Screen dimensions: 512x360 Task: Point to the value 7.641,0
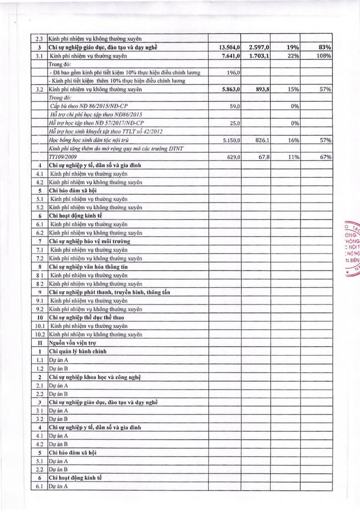tap(231, 56)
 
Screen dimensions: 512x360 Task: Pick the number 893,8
tap(262, 89)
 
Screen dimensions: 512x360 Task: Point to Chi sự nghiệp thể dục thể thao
tap(86, 317)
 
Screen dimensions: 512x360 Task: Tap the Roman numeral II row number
tap(40, 342)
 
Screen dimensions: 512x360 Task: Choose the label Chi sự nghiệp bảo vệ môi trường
tap(89, 241)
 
